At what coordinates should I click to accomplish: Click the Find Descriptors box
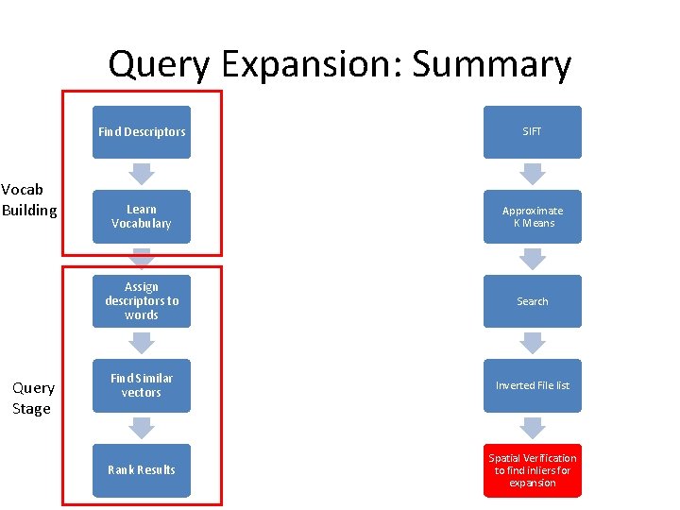click(142, 132)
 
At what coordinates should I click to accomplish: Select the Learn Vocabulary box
click(142, 216)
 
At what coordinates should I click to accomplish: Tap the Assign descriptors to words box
click(142, 301)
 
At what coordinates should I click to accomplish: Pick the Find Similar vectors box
click(142, 385)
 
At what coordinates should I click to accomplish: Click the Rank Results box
click(142, 469)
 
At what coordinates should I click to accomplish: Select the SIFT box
click(533, 132)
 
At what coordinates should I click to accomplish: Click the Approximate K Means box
click(533, 216)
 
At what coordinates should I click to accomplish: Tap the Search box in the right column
click(533, 301)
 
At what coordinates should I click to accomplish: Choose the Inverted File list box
click(533, 385)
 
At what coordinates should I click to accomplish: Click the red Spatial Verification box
click(533, 470)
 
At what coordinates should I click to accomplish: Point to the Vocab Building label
click(29, 199)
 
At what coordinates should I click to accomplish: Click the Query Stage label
click(33, 398)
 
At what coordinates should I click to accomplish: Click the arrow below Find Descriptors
click(142, 174)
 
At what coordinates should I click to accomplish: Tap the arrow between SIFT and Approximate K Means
click(533, 174)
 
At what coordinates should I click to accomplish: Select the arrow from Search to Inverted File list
click(533, 343)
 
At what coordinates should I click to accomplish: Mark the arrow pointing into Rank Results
click(142, 428)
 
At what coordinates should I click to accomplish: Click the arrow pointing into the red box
click(533, 428)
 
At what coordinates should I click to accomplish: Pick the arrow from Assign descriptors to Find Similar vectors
click(142, 343)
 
